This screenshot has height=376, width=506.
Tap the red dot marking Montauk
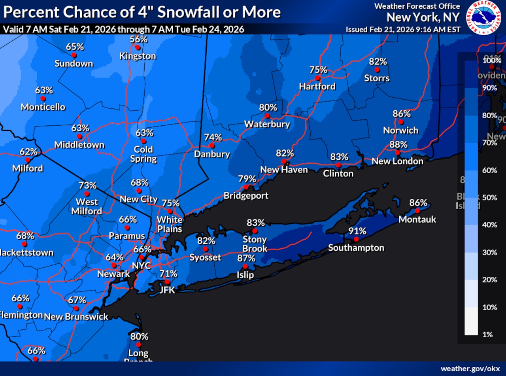click(x=417, y=210)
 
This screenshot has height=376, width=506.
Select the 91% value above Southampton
click(x=357, y=231)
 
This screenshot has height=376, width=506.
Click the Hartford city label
click(x=317, y=86)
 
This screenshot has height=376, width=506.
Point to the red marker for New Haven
click(x=284, y=161)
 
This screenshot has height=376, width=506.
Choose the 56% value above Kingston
click(x=138, y=39)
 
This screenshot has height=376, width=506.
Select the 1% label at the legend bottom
click(x=487, y=334)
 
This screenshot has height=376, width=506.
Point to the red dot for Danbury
click(x=212, y=145)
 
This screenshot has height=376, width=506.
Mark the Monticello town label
click(x=43, y=107)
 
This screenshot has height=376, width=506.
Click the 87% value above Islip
click(x=246, y=258)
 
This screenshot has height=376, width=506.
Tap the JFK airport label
click(x=167, y=290)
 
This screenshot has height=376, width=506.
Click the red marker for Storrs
click(x=377, y=70)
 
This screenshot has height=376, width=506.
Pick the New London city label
click(x=397, y=161)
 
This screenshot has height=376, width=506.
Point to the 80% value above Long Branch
click(x=140, y=336)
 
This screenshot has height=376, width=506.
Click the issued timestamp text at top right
click(x=403, y=30)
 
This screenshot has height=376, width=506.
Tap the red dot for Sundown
click(x=74, y=55)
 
